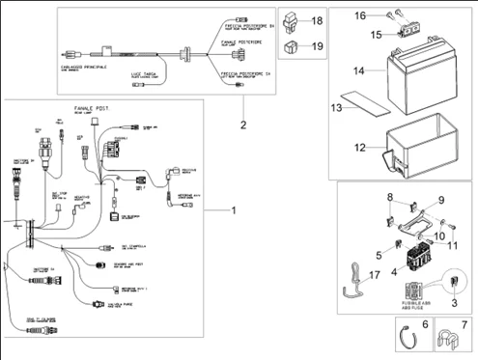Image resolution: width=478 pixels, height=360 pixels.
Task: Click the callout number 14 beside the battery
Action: pyautogui.click(x=356, y=71)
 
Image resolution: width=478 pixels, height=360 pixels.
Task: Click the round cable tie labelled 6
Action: pyautogui.click(x=411, y=337)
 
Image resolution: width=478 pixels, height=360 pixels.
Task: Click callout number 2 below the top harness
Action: pyautogui.click(x=243, y=124)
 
